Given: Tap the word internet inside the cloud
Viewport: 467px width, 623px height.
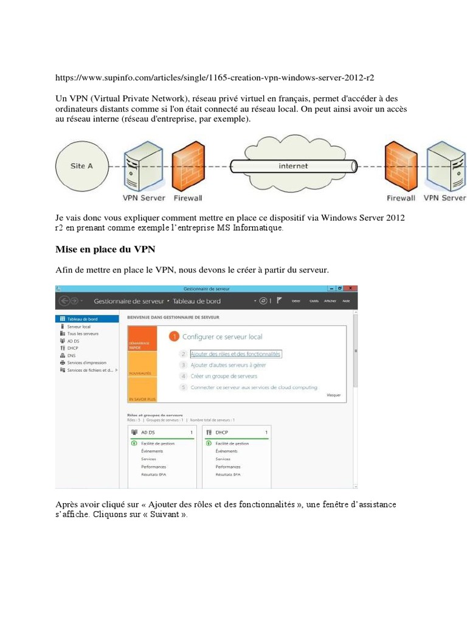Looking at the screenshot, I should tap(293, 165).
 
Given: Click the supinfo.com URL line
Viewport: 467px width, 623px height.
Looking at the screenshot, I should tap(219, 77).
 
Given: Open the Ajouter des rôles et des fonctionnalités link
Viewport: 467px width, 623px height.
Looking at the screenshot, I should tap(235, 353).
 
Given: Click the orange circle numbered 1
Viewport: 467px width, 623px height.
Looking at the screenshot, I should tap(174, 336).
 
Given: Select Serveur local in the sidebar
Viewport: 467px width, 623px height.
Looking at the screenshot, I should tap(78, 327).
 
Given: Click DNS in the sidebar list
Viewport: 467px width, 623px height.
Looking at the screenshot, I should tap(71, 355).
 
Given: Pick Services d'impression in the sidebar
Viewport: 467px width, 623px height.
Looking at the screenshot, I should tap(87, 363).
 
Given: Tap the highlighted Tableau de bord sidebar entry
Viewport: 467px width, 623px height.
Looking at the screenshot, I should tap(82, 319).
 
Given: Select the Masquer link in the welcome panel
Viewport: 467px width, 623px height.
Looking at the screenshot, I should tap(334, 395).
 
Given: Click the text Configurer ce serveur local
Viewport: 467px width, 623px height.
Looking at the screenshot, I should tap(223, 336).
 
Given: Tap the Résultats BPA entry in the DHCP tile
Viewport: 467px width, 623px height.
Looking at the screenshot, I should tap(228, 475).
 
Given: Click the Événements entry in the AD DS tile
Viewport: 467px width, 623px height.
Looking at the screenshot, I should tap(152, 451).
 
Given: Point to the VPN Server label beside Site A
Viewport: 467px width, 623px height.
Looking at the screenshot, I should tap(144, 198).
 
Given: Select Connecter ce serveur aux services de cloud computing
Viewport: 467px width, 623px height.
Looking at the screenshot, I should tap(254, 387).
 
